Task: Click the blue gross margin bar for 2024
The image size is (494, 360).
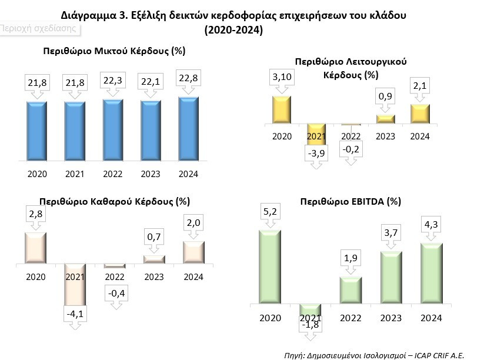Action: coord(188,129)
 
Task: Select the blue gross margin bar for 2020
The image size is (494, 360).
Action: coord(37,131)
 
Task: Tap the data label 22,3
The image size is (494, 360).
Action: coord(113,81)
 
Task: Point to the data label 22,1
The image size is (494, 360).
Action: coord(151,82)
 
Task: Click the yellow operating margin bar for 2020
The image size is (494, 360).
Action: coord(282,109)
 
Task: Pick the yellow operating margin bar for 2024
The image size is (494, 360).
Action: coord(420,114)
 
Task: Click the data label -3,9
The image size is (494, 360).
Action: coord(316,153)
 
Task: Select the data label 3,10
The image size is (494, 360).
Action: coord(282,76)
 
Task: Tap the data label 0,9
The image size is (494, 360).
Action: coord(385,96)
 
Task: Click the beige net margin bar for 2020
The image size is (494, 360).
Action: coord(36,248)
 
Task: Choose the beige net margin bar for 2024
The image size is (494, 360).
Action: coord(193,252)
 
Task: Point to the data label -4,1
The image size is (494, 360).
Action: coord(75,314)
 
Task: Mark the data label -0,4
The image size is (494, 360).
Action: coord(116,293)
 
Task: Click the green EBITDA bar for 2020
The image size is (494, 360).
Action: coord(270,267)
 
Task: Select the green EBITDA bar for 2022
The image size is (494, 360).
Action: coord(351,291)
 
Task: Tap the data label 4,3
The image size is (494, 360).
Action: coord(431,225)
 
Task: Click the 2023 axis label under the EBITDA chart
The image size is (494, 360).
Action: coord(391,318)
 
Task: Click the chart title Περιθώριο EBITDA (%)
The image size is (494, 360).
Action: coord(351,201)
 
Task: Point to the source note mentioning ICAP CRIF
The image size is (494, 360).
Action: coord(374,355)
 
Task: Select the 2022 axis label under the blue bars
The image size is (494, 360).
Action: coord(113,174)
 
